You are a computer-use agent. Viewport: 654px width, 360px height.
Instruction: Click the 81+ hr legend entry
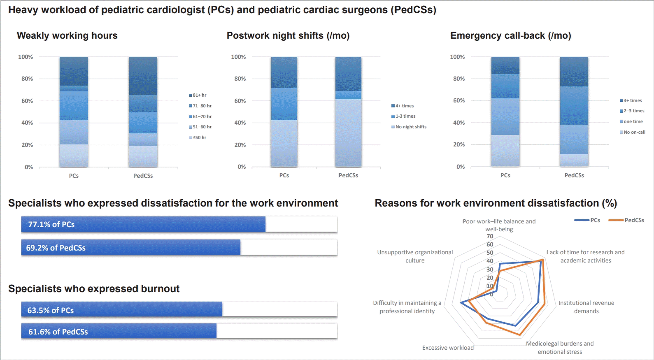pyautogui.click(x=200, y=95)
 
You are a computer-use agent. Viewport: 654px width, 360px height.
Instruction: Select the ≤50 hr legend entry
pyautogui.click(x=200, y=137)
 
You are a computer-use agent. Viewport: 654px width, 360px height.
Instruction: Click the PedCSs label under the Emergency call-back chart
pyautogui.click(x=574, y=175)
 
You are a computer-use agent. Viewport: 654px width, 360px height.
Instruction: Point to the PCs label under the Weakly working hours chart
pyautogui.click(x=74, y=176)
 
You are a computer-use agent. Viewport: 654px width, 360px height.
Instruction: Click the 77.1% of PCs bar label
pyautogui.click(x=51, y=225)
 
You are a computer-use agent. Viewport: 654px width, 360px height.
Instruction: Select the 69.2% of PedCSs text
pyautogui.click(x=56, y=248)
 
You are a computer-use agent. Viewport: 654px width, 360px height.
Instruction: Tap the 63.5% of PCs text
pyautogui.click(x=51, y=311)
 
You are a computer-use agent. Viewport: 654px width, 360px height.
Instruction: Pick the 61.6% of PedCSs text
pyautogui.click(x=58, y=332)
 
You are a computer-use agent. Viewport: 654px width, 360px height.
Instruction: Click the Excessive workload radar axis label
pyautogui.click(x=448, y=348)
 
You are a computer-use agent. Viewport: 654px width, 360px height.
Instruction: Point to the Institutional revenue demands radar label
pyautogui.click(x=586, y=307)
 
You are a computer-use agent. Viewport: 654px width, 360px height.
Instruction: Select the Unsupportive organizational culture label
pyautogui.click(x=415, y=256)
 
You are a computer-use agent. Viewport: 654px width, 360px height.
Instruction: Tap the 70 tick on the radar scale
pyautogui.click(x=490, y=236)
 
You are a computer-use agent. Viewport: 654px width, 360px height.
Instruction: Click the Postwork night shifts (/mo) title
pyautogui.click(x=288, y=36)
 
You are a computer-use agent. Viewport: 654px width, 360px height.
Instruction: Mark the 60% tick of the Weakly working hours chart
pyautogui.click(x=27, y=101)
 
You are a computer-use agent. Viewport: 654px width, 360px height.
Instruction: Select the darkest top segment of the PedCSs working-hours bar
pyautogui.click(x=143, y=76)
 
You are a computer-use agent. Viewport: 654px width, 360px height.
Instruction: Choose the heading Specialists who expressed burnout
pyautogui.click(x=94, y=289)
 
